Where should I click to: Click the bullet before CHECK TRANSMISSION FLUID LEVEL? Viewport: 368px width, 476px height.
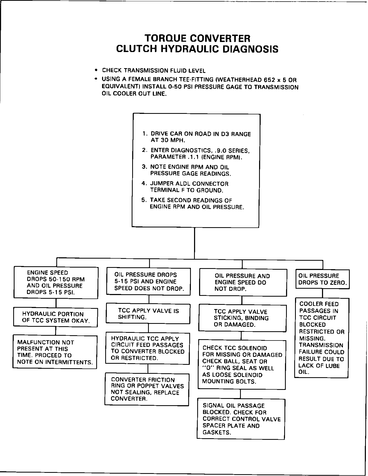coord(96,70)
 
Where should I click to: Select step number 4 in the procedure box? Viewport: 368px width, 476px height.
coord(144,183)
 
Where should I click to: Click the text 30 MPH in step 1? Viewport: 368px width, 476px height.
coord(168,141)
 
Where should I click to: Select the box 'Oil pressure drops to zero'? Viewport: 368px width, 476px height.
coord(322,279)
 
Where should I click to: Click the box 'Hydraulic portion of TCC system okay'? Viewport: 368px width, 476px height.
coord(56,317)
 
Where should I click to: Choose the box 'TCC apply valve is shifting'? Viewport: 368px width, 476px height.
coord(148,314)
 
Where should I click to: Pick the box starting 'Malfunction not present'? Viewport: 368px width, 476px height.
coord(55,352)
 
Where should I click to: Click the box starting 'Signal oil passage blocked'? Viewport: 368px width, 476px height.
coord(241,419)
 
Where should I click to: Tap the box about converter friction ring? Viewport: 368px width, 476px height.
coord(147,389)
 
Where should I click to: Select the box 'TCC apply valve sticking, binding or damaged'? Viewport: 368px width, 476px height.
coord(242,318)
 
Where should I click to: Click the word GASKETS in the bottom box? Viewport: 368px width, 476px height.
coord(217,432)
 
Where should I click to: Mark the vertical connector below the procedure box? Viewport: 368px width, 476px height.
coord(195,242)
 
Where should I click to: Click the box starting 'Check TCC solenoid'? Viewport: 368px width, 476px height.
coord(242,365)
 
